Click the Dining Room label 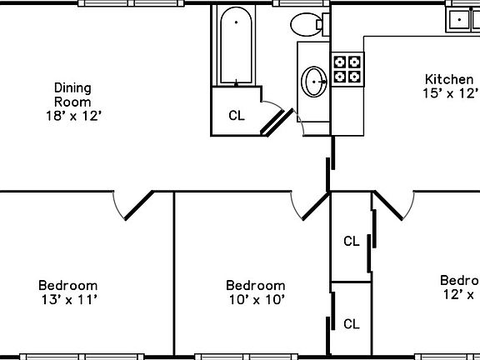coord(72,94)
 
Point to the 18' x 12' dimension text coord(72,116)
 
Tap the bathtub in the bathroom coord(237,46)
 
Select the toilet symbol coord(307,25)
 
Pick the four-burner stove coord(348,68)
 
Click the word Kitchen coord(450,79)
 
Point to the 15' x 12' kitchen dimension coord(451,93)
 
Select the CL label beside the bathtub coord(237,116)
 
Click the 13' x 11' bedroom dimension coord(69,299)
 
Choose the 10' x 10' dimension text coord(257,299)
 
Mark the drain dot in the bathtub coord(237,21)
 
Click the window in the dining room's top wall coord(130,3)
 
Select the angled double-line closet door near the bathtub coord(276,122)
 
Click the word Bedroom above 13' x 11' coord(69,285)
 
